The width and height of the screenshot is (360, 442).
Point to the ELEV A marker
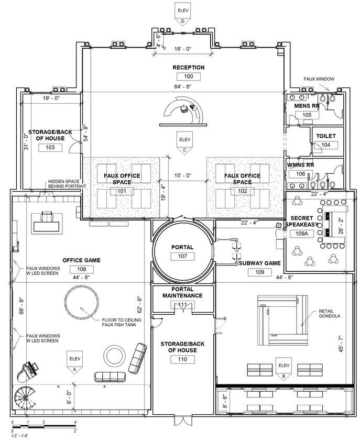pos(73,361)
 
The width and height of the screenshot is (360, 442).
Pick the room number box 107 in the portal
pos(182,256)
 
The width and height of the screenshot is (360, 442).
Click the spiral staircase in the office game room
pos(27,399)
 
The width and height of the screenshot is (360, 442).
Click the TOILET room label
pos(326,136)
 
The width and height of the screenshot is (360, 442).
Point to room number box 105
pos(307,115)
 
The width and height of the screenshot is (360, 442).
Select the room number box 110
pos(182,359)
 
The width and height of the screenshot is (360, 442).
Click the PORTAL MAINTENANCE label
pos(182,292)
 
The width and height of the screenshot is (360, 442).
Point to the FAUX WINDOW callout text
pos(319,79)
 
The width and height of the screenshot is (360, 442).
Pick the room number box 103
pos(50,147)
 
